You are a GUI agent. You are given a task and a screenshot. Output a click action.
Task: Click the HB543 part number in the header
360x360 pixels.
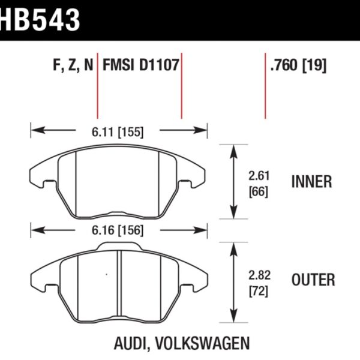coord(41,19)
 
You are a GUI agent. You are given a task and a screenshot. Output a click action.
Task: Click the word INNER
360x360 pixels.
coord(311,182)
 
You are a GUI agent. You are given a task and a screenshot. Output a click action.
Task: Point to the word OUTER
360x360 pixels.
coord(313,280)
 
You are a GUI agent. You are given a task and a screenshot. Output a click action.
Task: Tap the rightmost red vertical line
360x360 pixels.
coord(265,87)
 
